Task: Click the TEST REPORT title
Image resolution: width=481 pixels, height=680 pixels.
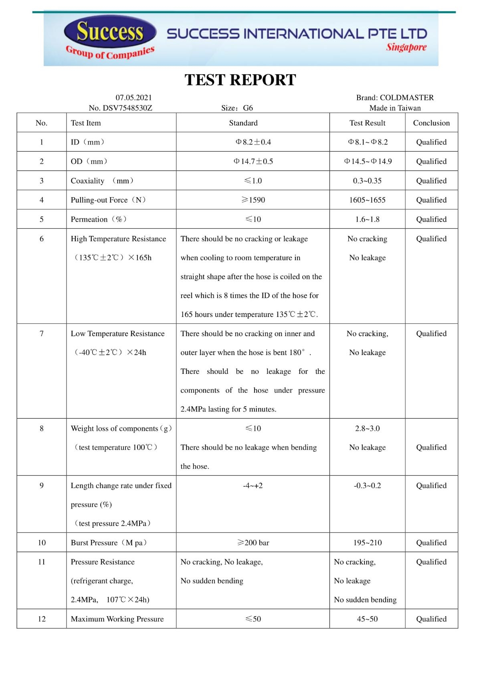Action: pyautogui.click(x=240, y=80)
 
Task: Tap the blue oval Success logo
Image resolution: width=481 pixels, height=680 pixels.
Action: pyautogui.click(x=110, y=32)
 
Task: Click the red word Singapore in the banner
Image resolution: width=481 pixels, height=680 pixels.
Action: pyautogui.click(x=406, y=47)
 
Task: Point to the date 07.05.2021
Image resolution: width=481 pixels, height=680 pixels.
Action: pyautogui.click(x=133, y=97)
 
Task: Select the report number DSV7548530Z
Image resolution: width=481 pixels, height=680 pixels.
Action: pyautogui.click(x=121, y=108)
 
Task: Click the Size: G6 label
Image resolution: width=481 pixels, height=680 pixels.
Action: pyautogui.click(x=237, y=108)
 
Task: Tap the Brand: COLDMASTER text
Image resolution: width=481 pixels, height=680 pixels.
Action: pyautogui.click(x=395, y=97)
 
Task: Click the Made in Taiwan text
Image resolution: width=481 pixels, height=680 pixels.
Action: pyautogui.click(x=395, y=108)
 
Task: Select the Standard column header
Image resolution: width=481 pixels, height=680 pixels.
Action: pyautogui.click(x=243, y=123)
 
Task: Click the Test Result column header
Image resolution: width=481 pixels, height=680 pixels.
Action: pyautogui.click(x=367, y=123)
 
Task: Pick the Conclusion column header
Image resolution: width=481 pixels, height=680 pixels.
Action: pyautogui.click(x=431, y=123)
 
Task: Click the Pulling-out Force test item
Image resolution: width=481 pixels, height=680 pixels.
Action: pyautogui.click(x=108, y=200)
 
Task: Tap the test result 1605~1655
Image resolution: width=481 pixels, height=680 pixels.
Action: pyautogui.click(x=367, y=200)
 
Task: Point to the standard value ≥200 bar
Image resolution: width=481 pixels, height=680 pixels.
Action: pyautogui.click(x=253, y=543)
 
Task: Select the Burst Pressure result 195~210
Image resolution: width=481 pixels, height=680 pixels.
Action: pyautogui.click(x=367, y=543)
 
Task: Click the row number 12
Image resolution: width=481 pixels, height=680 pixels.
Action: pyautogui.click(x=42, y=619)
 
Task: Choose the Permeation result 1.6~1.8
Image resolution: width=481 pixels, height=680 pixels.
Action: pyautogui.click(x=367, y=219)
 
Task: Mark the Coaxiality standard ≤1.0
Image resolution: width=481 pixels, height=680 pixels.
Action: pyautogui.click(x=253, y=181)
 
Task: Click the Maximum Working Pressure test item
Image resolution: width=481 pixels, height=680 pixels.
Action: pyautogui.click(x=117, y=619)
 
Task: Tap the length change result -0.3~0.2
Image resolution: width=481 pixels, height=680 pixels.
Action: pyautogui.click(x=367, y=486)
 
